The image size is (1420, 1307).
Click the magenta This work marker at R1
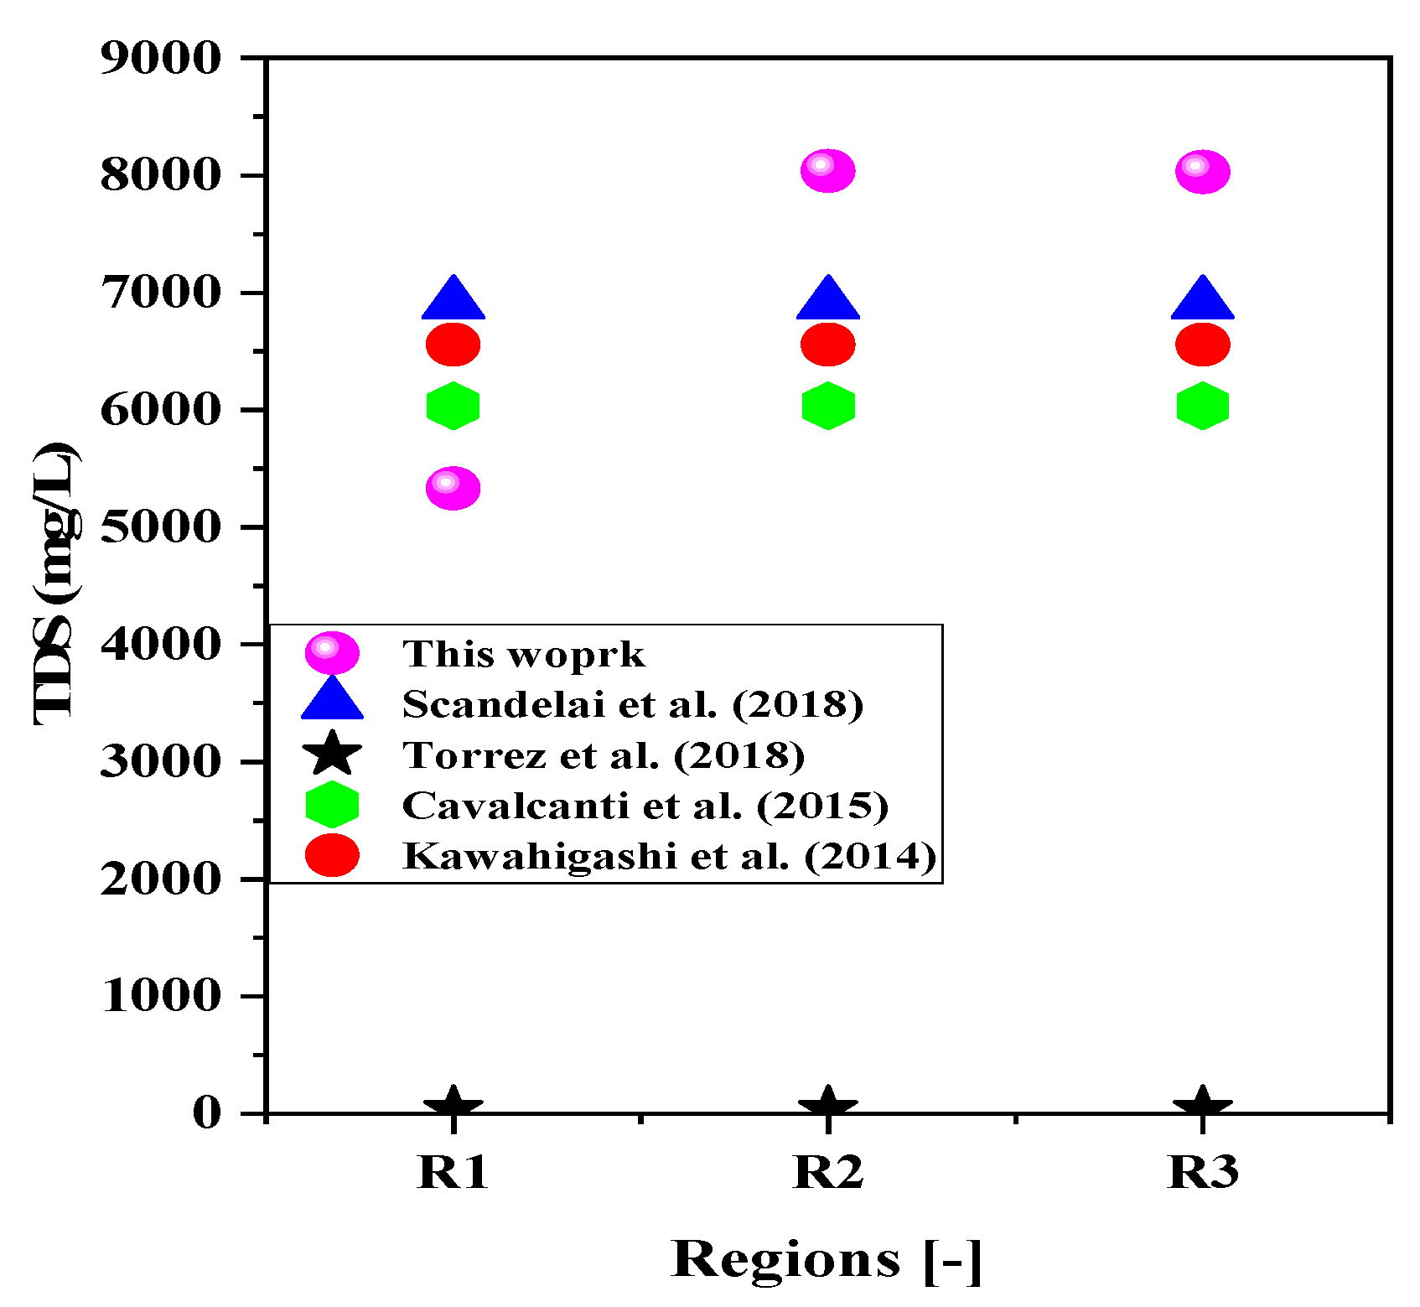(453, 488)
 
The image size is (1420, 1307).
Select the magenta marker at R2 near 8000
(827, 171)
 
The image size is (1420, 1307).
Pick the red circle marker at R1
(453, 345)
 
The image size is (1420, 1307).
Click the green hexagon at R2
(827, 407)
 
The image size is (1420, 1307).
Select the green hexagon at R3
(1202, 407)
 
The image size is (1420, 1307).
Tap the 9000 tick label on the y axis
(160, 59)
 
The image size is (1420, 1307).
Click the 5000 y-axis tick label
(160, 527)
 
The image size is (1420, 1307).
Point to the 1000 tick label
(160, 996)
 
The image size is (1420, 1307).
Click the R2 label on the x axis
(827, 1172)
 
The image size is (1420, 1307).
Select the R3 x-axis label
(1202, 1172)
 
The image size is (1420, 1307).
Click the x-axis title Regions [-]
(826, 1259)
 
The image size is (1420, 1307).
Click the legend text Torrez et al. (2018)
(604, 755)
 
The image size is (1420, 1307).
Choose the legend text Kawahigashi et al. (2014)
(669, 856)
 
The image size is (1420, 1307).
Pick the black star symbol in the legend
(332, 753)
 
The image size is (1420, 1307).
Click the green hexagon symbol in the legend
(332, 805)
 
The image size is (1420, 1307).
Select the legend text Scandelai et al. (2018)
(632, 704)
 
